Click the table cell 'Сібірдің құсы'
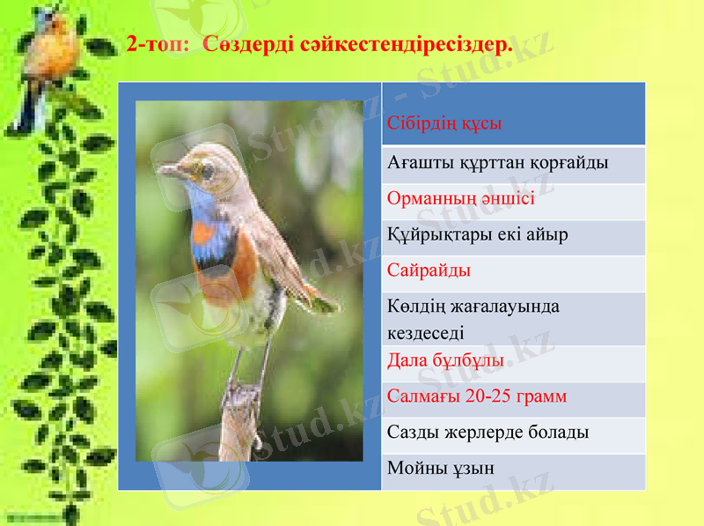click(444, 123)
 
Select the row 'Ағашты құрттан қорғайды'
click(498, 163)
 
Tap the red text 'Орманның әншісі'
click(461, 198)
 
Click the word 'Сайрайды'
click(429, 270)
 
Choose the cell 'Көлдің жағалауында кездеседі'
click(473, 319)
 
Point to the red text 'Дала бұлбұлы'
click(445, 361)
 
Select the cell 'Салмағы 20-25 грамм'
click(477, 396)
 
